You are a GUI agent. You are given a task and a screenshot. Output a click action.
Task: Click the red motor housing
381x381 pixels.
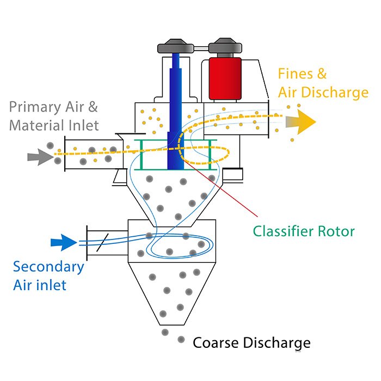pyautogui.click(x=225, y=78)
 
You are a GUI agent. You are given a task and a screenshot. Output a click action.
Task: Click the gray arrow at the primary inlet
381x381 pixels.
pyautogui.click(x=41, y=157)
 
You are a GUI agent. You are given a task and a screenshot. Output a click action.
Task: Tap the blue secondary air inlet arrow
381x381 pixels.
pyautogui.click(x=64, y=242)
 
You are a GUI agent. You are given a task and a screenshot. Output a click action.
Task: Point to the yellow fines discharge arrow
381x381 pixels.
pyautogui.click(x=301, y=122)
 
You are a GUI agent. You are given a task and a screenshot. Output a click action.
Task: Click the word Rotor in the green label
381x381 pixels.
pyautogui.click(x=336, y=231)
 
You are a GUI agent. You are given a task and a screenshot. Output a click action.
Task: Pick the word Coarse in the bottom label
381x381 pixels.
pyautogui.click(x=216, y=343)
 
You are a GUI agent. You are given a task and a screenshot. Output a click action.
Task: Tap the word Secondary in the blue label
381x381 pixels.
pyautogui.click(x=48, y=267)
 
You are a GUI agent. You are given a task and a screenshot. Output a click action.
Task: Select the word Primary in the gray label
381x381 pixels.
pyautogui.click(x=35, y=107)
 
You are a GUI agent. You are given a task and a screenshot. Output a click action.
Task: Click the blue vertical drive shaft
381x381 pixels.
pyautogui.click(x=175, y=111)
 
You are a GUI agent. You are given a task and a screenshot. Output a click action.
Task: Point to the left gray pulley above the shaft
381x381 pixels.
pyautogui.click(x=175, y=46)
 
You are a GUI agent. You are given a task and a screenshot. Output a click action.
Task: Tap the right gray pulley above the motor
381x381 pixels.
pyautogui.click(x=225, y=46)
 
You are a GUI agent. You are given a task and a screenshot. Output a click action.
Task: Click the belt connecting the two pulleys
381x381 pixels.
pyautogui.click(x=201, y=48)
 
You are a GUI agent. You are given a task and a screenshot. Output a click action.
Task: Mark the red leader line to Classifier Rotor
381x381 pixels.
pyautogui.click(x=220, y=188)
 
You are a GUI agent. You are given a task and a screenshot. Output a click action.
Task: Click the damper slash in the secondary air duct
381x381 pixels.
pyautogui.click(x=102, y=242)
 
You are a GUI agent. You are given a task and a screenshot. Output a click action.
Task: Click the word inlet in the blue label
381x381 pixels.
pyautogui.click(x=52, y=285)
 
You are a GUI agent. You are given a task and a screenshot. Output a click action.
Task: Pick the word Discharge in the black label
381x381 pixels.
pyautogui.click(x=276, y=343)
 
